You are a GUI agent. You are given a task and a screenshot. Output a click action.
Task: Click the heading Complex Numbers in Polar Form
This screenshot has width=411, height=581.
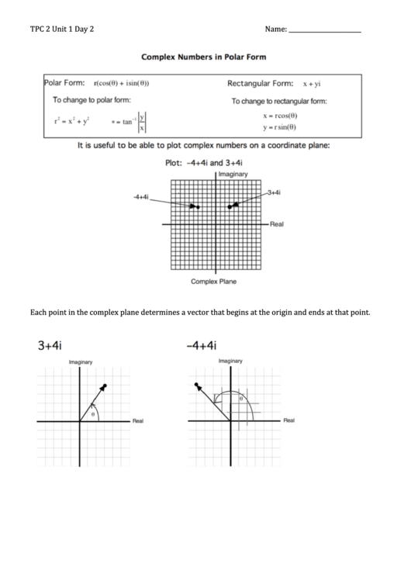205,57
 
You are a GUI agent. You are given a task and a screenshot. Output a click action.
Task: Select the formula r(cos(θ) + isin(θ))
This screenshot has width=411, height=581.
121,84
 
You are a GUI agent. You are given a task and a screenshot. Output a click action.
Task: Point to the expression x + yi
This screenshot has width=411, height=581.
312,84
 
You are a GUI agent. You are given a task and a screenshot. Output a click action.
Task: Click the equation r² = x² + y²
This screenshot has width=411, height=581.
71,120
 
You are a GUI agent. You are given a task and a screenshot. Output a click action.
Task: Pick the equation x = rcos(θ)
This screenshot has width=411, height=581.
280,116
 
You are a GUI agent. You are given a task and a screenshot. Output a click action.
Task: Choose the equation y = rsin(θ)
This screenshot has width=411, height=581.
280,127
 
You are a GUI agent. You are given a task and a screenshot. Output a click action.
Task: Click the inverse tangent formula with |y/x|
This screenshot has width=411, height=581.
129,121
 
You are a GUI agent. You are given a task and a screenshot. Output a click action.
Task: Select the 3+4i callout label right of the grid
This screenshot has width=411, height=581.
274,191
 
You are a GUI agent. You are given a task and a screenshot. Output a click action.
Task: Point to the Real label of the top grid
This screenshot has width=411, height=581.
277,223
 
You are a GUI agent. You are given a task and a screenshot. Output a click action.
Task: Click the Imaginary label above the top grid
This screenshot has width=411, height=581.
233,175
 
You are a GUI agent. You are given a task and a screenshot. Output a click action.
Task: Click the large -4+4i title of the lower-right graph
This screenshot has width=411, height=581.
202,346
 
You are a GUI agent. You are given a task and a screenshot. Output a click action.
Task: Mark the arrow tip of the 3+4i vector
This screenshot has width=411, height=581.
103,386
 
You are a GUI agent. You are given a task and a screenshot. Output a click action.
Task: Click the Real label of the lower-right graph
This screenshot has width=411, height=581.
288,420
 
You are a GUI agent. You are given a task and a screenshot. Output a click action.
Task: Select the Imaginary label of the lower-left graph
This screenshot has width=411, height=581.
81,362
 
